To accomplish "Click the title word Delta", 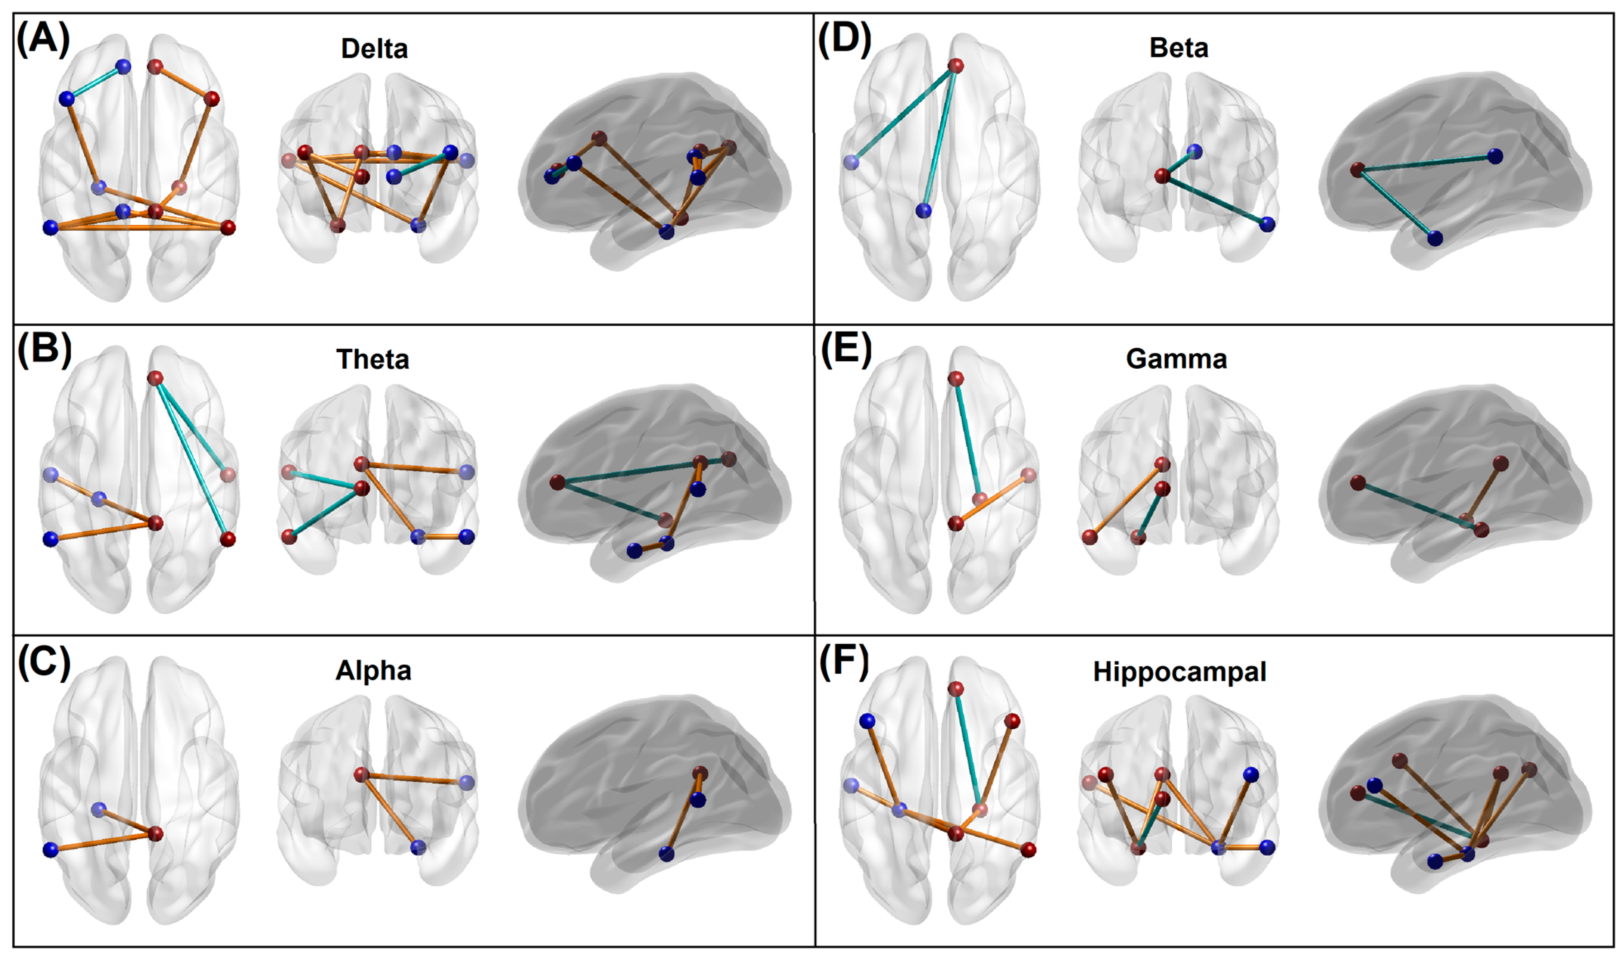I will click(374, 49).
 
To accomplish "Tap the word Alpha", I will click(373, 671).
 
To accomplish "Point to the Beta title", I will click(1178, 48).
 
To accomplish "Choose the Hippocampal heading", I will click(1179, 672).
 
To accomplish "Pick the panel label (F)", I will click(844, 661).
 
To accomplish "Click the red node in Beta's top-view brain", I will click(955, 66).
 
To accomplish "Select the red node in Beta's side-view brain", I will click(1357, 170).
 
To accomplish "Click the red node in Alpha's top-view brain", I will click(156, 834).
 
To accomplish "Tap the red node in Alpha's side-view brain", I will click(700, 773).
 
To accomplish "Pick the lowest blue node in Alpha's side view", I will click(666, 854).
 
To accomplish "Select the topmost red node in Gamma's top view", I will click(955, 379).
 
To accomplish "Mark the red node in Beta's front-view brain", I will click(1161, 175).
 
